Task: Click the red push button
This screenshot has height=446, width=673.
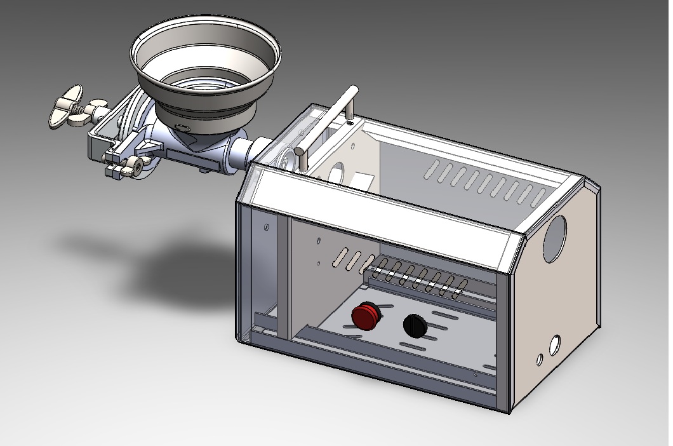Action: [365, 316]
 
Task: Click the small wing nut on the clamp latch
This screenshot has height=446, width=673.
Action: [134, 166]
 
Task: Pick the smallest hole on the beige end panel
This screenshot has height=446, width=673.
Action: [540, 360]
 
